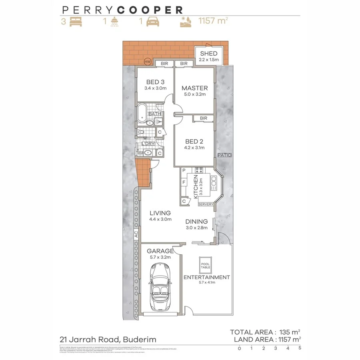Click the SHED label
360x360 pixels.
[x=209, y=54]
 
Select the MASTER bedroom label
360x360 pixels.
[x=194, y=88]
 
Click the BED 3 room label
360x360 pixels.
[x=155, y=82]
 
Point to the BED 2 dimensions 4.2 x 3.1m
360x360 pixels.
[x=195, y=148]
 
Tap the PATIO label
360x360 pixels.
[x=225, y=155]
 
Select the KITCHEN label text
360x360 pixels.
[x=196, y=187]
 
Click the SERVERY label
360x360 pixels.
[x=206, y=204]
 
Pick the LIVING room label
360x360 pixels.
[x=160, y=213]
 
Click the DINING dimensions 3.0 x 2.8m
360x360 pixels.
[x=196, y=228]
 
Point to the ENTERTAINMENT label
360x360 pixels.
[x=206, y=277]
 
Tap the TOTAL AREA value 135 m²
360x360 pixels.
[x=289, y=332]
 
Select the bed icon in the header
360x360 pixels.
[x=75, y=22]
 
